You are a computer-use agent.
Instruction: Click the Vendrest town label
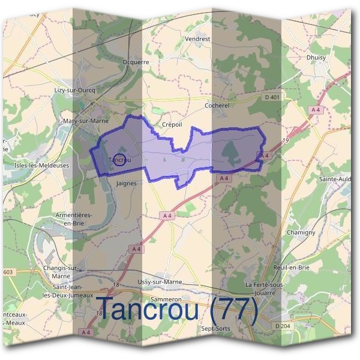198,38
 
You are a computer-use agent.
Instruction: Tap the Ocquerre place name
135,61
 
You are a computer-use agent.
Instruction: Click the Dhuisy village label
316,58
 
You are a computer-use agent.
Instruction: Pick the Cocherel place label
217,106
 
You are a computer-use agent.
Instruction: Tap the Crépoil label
172,125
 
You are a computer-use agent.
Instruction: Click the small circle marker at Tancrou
120,160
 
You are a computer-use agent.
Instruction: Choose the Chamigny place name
297,232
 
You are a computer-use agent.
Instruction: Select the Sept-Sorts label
215,328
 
